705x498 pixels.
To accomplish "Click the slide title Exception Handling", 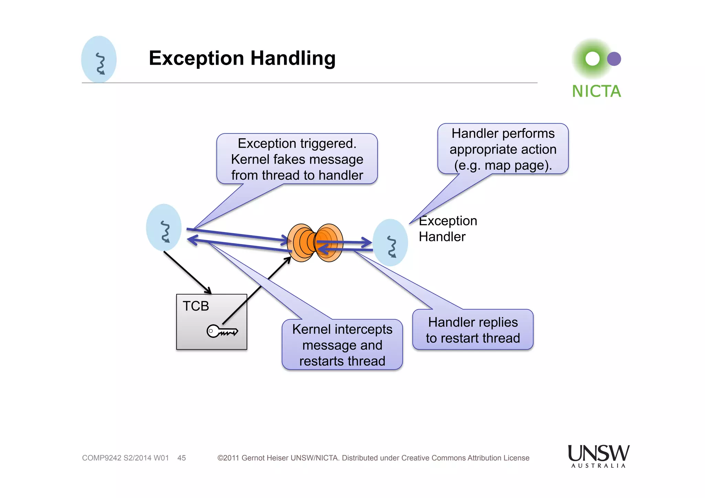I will (x=242, y=58).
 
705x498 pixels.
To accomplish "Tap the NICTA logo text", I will (x=596, y=92).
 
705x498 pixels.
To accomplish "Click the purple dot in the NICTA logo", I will (x=614, y=59).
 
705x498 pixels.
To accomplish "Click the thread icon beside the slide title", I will (x=99, y=60).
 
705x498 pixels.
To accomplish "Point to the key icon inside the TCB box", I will (x=222, y=331).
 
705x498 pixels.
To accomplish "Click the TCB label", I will (x=196, y=306).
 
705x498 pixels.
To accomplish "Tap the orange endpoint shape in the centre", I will (x=315, y=243).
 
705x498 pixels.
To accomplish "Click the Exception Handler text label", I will (x=448, y=229).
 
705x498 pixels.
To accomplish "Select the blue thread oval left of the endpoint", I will (x=164, y=227).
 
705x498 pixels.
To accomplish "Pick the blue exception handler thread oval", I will (x=390, y=243).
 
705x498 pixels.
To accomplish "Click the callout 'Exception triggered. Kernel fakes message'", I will (x=297, y=159).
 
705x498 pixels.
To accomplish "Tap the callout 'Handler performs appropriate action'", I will (x=503, y=149).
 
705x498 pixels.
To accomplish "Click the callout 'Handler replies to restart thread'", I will (x=473, y=330).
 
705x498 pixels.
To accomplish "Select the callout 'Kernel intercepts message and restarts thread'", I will (x=342, y=345).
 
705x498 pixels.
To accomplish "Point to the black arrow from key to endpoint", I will (x=256, y=291).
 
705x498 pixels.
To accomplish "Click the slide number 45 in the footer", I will (x=181, y=458).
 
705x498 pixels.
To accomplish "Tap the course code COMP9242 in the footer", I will (x=101, y=458).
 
